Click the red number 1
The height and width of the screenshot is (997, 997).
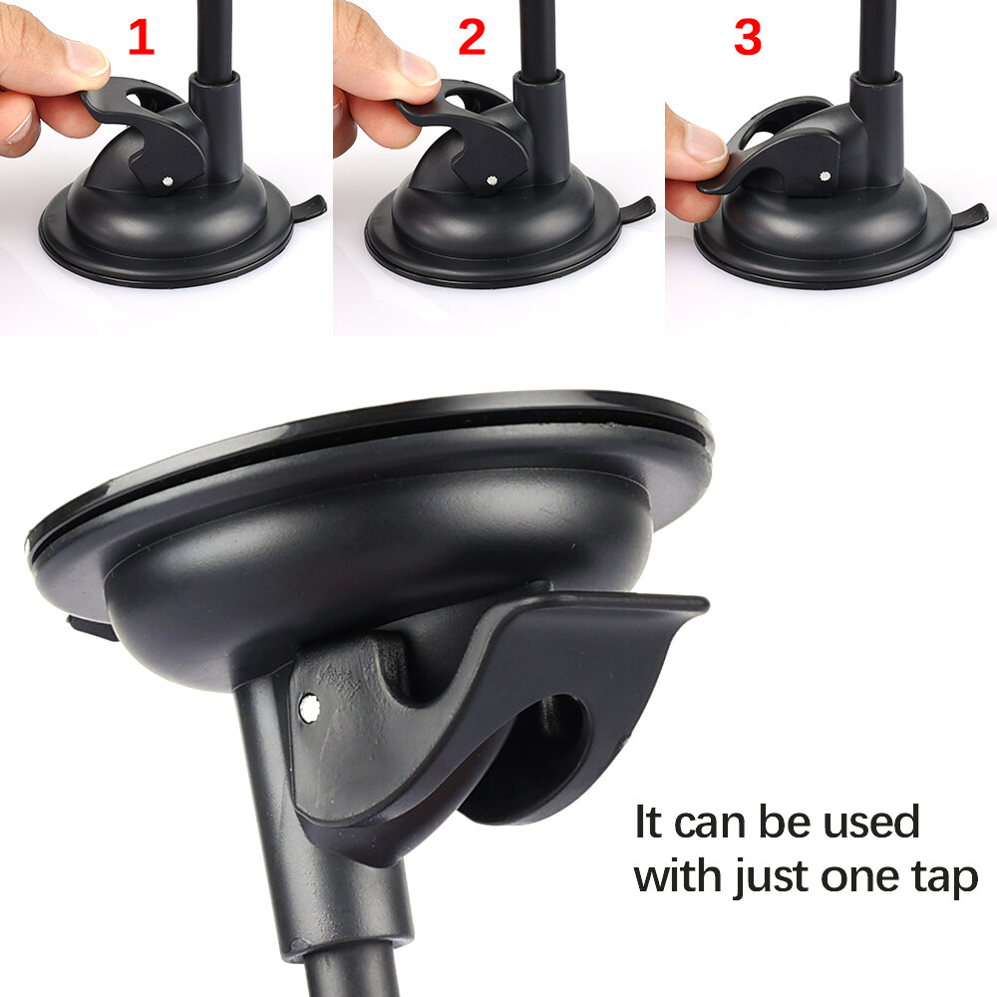(x=142, y=37)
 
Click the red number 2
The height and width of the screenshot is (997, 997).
(x=472, y=37)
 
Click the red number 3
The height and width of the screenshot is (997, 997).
(x=748, y=37)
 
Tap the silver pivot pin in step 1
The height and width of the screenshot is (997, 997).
(x=166, y=180)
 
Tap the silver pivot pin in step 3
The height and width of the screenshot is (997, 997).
(x=825, y=175)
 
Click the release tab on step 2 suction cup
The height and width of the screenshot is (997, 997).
(x=637, y=208)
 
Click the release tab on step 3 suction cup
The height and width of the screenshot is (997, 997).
(x=970, y=214)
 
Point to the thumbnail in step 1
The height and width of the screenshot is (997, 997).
(x=87, y=58)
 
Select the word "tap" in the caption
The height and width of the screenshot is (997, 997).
(x=945, y=878)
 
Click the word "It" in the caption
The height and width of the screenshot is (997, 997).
(x=649, y=822)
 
